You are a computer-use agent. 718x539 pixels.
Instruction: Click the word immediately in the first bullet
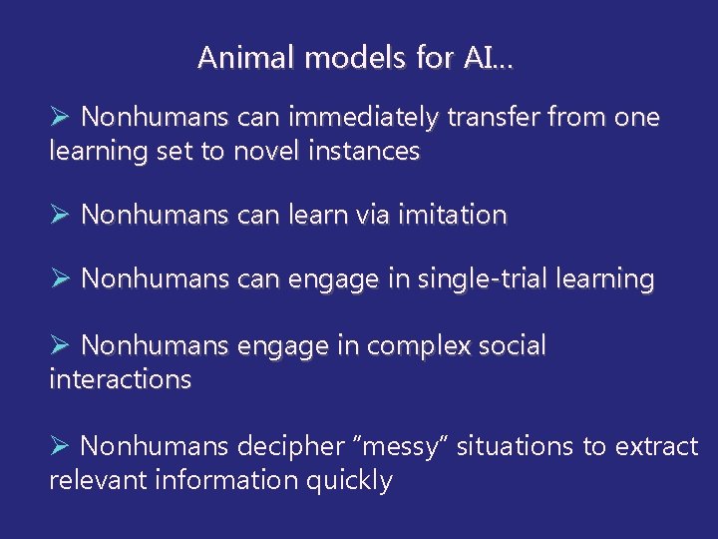(362, 118)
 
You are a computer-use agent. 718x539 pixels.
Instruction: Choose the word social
(508, 345)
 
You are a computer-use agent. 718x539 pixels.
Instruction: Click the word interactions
(120, 379)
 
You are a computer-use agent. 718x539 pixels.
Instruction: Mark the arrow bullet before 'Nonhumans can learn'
(59, 215)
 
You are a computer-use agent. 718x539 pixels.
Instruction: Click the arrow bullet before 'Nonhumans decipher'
(59, 446)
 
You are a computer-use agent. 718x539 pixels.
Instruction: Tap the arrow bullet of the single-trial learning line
(59, 279)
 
